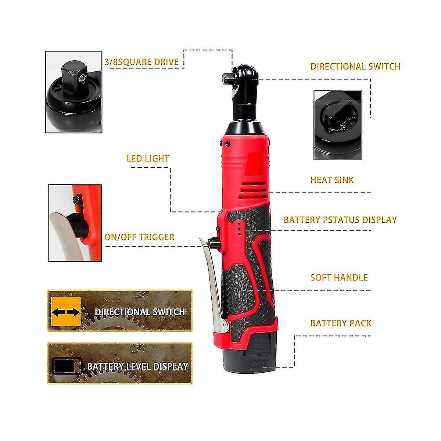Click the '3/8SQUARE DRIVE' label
[x=141, y=62]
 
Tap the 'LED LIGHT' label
[x=148, y=158]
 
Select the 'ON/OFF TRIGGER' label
[x=139, y=237]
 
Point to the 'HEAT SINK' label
[x=332, y=180]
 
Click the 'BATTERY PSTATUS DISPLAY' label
[x=340, y=220]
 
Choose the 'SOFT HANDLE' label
[x=339, y=277]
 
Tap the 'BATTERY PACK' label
[x=341, y=323]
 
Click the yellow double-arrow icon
[x=66, y=312]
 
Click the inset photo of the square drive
[x=74, y=92]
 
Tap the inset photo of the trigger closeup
[x=75, y=223]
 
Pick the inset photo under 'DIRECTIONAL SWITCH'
[x=338, y=125]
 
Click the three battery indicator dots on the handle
[x=239, y=228]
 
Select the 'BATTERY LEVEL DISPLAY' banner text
[x=138, y=366]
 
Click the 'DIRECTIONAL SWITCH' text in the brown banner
[x=140, y=312]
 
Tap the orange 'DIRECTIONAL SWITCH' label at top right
[x=355, y=67]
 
